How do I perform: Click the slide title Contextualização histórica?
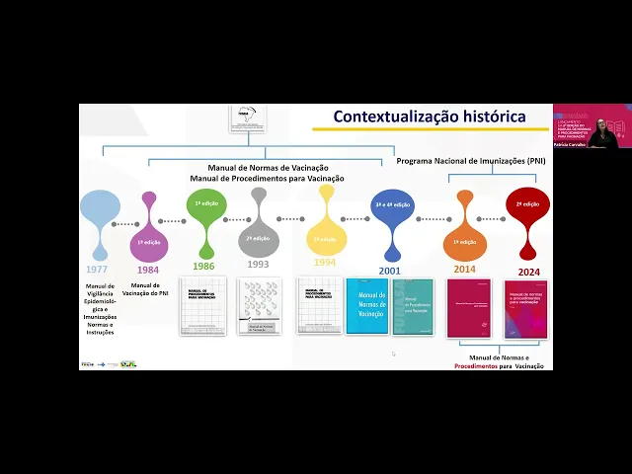coord(429,117)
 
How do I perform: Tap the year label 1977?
coord(97,269)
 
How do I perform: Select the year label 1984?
coord(148,269)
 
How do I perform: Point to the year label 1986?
coord(203,267)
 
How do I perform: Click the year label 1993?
coord(258,265)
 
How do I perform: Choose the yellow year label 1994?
coord(325,264)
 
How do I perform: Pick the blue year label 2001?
coord(391,270)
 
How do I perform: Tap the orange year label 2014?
coord(465,269)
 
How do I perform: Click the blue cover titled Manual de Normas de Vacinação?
coord(367,305)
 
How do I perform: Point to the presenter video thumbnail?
coord(592,126)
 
